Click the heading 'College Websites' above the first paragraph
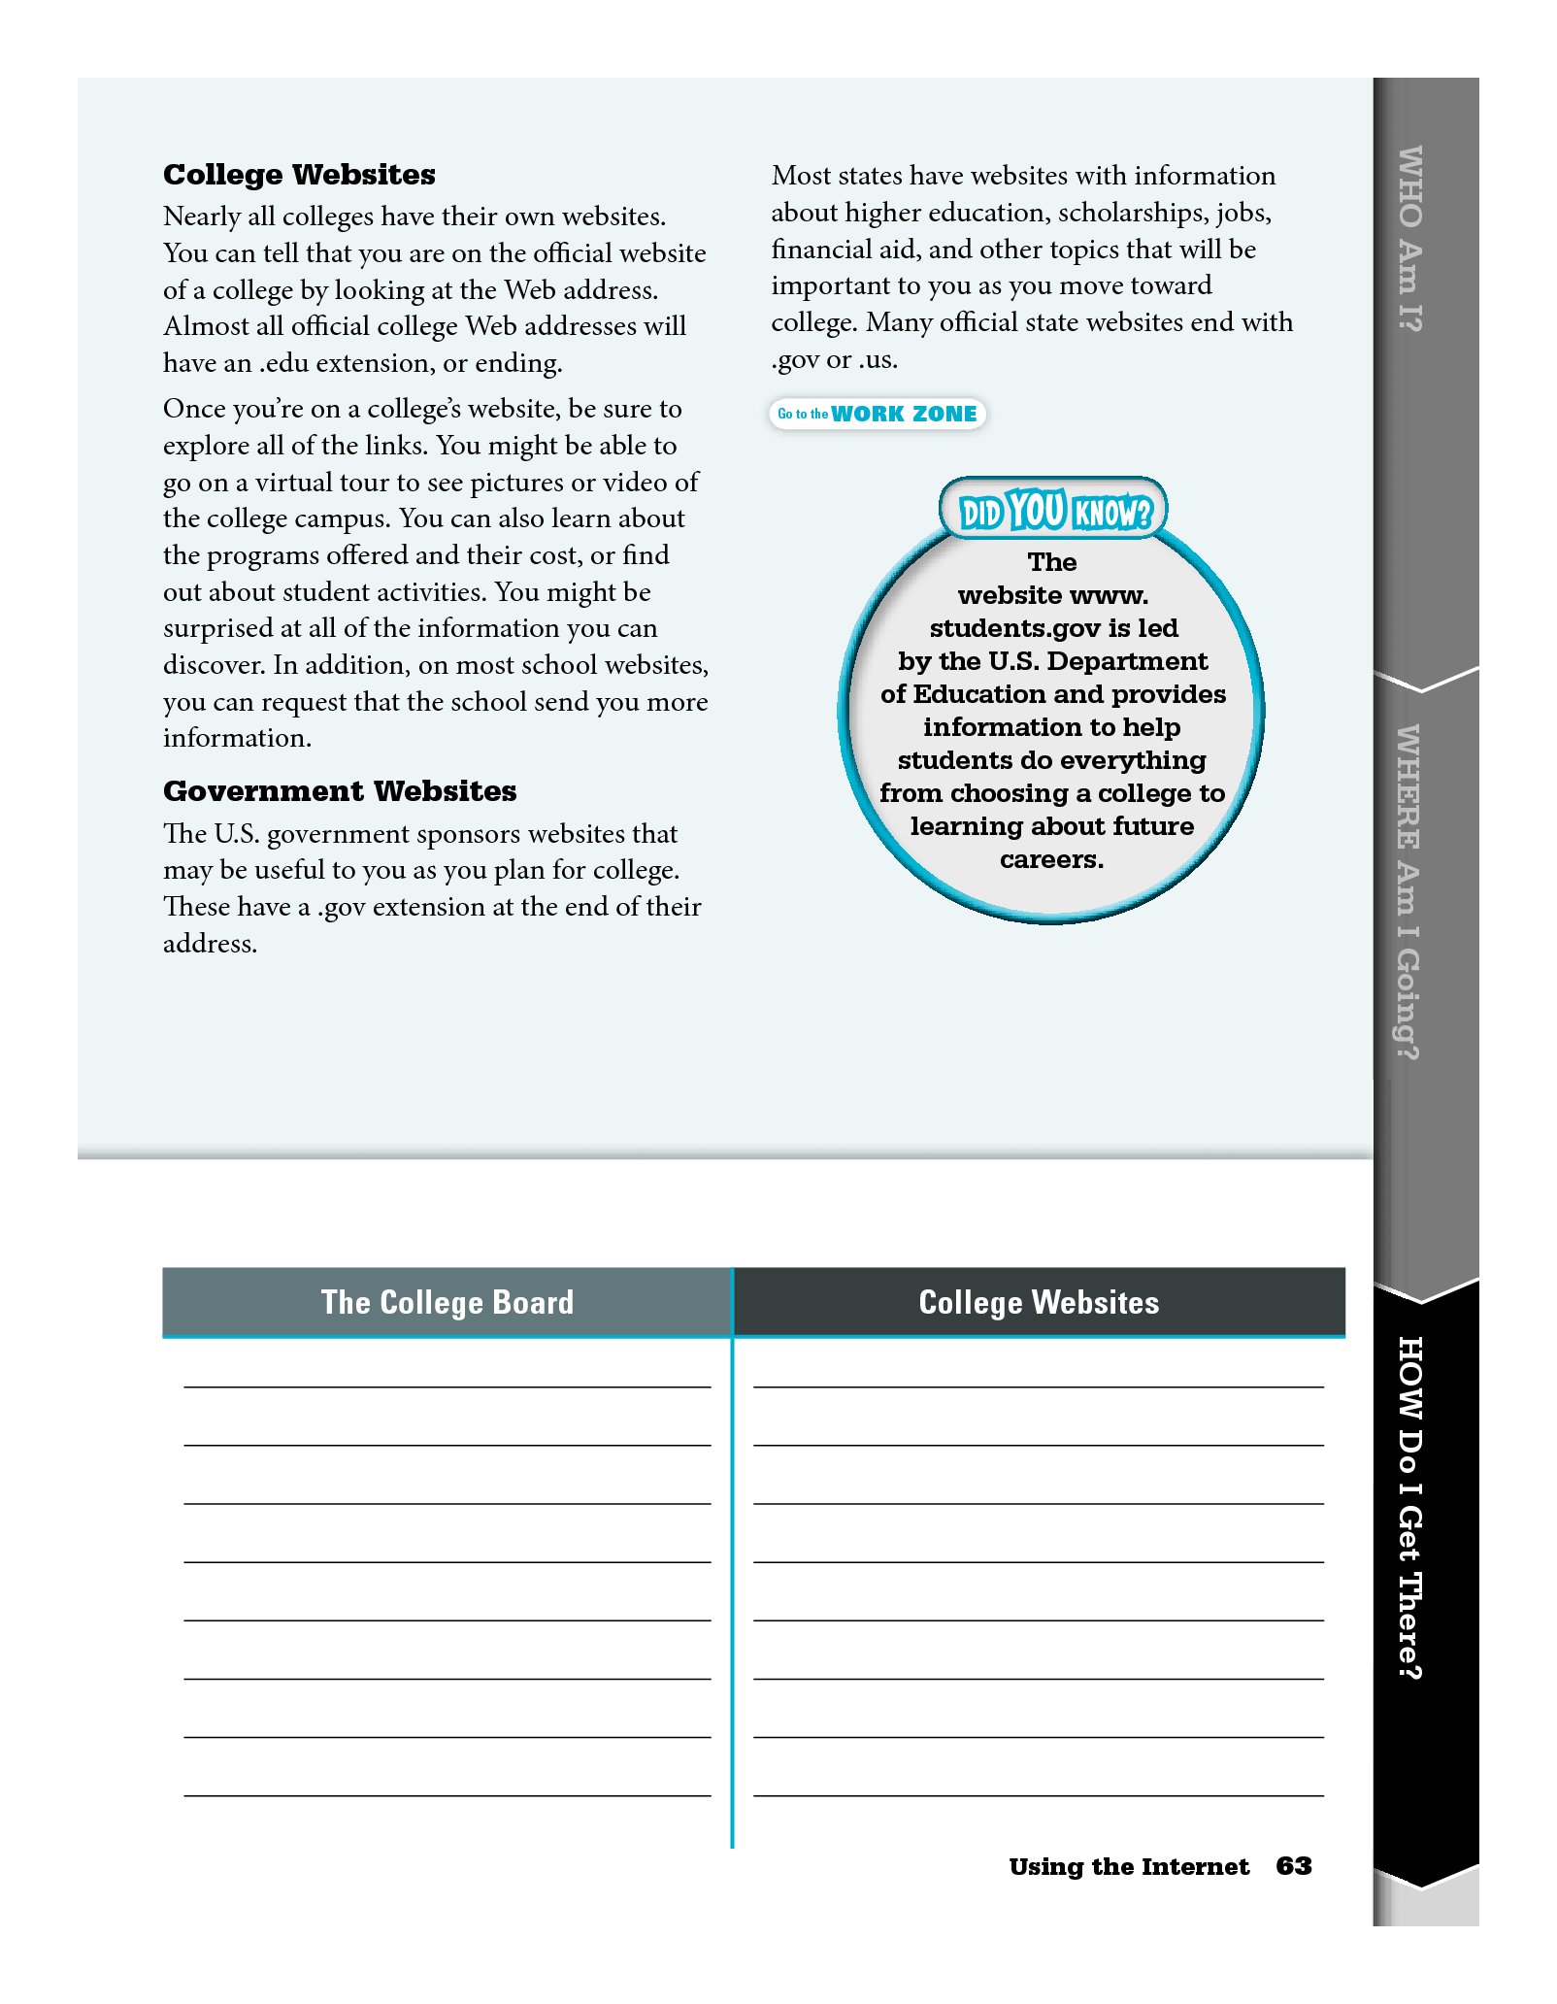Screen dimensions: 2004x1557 (299, 175)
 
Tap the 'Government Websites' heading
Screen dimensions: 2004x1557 (340, 791)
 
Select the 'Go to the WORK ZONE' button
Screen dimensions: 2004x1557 (878, 414)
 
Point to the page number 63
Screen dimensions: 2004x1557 (1293, 1866)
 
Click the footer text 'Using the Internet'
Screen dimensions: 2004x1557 (1129, 1866)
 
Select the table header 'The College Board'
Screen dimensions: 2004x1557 (447, 1302)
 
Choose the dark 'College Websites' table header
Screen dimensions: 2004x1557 (1039, 1302)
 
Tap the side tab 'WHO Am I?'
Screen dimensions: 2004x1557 (1409, 238)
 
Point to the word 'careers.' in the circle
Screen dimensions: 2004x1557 (1051, 859)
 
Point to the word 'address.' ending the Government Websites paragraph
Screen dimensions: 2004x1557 (210, 944)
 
